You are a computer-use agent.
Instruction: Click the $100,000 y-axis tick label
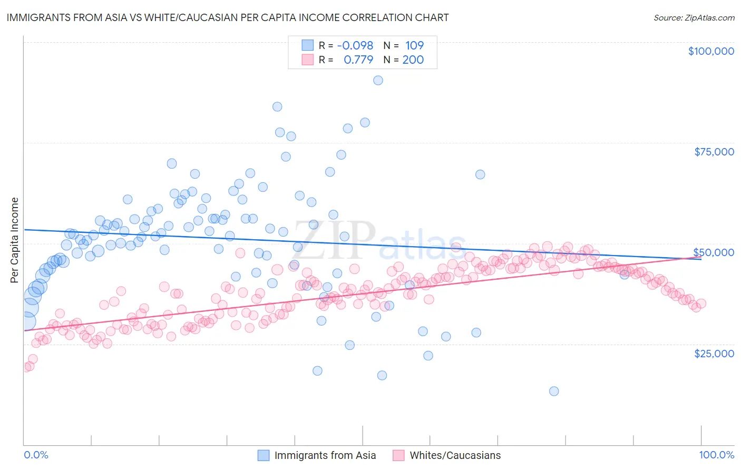coord(711,51)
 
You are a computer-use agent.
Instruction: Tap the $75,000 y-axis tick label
coord(714,152)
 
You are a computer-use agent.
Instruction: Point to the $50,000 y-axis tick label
coord(714,252)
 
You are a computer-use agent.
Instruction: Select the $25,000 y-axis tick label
coord(714,353)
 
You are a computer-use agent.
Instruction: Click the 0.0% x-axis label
coord(36,455)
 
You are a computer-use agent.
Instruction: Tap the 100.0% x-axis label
coord(716,455)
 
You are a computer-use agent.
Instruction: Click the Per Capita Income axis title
coord(15,240)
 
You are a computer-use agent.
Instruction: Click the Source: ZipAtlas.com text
coord(694,17)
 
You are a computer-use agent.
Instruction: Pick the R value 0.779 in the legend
coord(358,60)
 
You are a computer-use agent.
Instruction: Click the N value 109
coord(414,45)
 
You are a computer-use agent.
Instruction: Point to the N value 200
coord(413,60)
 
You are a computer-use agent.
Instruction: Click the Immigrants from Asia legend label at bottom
coord(325,455)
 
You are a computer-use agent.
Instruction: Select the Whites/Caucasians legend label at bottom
coord(455,455)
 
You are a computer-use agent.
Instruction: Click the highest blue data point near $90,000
coord(378,80)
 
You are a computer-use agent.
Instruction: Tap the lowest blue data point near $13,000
coord(554,391)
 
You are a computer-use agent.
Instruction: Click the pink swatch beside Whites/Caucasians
coord(398,455)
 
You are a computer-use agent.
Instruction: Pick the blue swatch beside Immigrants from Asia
coord(263,455)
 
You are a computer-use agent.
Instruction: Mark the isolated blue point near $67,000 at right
coord(480,174)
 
